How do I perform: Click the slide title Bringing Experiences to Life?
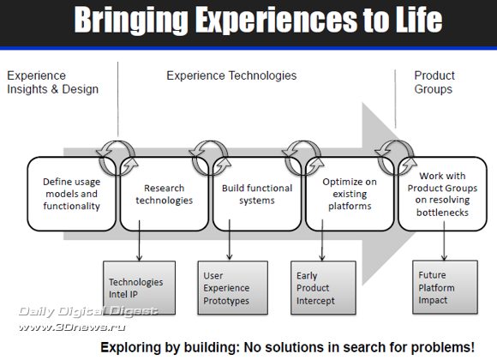[258, 20]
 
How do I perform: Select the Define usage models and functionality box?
[72, 194]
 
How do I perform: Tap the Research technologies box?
[165, 194]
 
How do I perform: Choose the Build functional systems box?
[257, 194]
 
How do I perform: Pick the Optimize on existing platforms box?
[350, 194]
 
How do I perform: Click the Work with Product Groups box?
[442, 194]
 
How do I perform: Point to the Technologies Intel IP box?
[139, 288]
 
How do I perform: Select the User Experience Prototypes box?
[233, 288]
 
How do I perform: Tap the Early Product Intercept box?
[323, 288]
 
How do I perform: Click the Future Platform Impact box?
[445, 287]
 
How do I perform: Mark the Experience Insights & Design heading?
[52, 82]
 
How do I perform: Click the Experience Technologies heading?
[231, 75]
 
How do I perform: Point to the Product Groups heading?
[434, 82]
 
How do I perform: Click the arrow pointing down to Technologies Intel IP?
[139, 240]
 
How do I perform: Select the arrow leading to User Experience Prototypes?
[230, 240]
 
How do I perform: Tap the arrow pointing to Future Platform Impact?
[444, 241]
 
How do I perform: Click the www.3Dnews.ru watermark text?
[72, 327]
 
